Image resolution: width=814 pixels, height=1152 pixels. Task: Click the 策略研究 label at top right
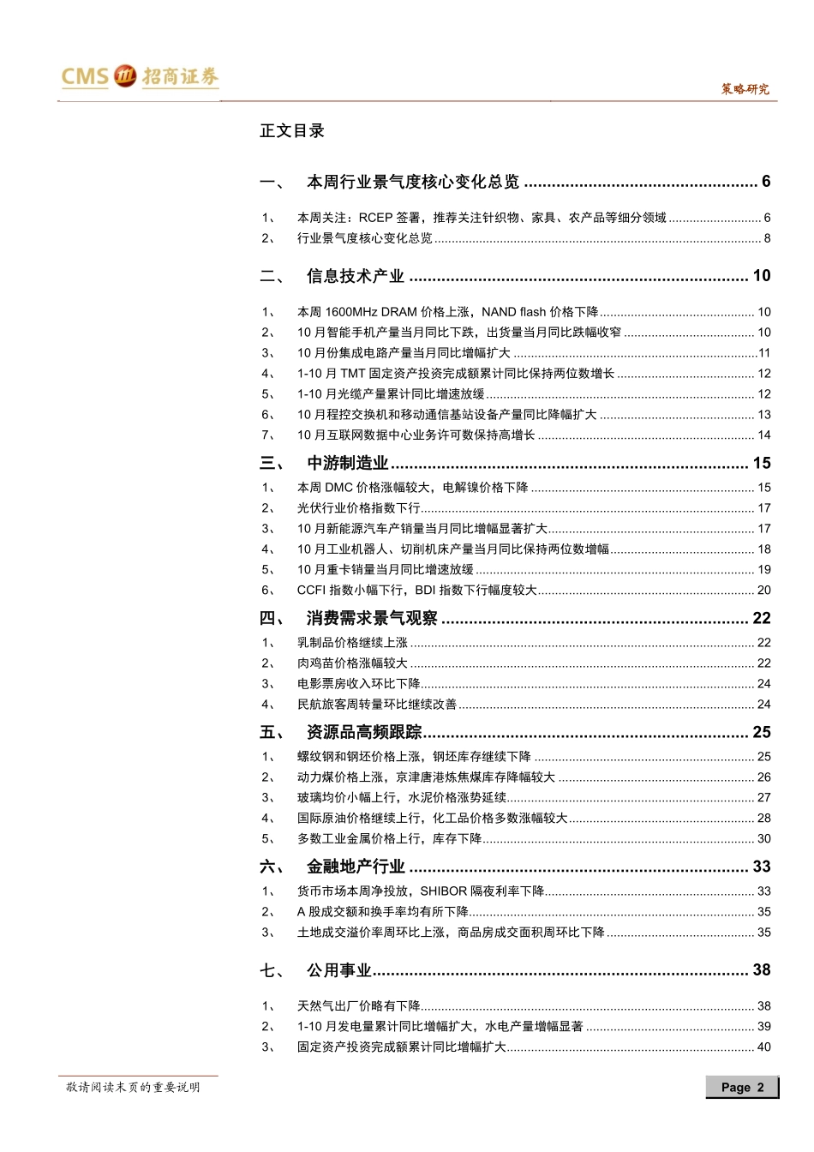(745, 89)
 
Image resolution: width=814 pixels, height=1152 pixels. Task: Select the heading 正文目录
(292, 131)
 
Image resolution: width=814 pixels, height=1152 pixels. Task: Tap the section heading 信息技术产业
(356, 276)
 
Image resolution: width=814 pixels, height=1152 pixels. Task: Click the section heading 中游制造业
(348, 463)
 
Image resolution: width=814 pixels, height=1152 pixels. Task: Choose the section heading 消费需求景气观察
(372, 618)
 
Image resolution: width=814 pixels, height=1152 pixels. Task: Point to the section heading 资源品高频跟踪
(364, 732)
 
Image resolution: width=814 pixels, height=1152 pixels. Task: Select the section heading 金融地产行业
(356, 867)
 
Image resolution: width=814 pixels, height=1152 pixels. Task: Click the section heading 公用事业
(339, 970)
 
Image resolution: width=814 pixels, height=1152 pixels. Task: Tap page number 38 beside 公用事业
(762, 970)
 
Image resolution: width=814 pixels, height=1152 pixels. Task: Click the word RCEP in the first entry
(375, 218)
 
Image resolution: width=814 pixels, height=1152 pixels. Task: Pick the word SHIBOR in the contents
(443, 891)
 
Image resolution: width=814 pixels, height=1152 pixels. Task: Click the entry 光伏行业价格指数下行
(359, 508)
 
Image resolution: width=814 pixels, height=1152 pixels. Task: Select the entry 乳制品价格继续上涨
(352, 643)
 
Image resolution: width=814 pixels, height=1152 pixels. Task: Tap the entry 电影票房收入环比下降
(359, 684)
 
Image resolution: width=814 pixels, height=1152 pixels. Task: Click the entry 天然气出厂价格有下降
(359, 1006)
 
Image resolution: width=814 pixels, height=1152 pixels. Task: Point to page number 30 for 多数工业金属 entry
(763, 839)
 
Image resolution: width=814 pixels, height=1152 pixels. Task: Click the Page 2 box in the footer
(742, 1087)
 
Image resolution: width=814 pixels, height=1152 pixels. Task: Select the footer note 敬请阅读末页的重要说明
(133, 1087)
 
